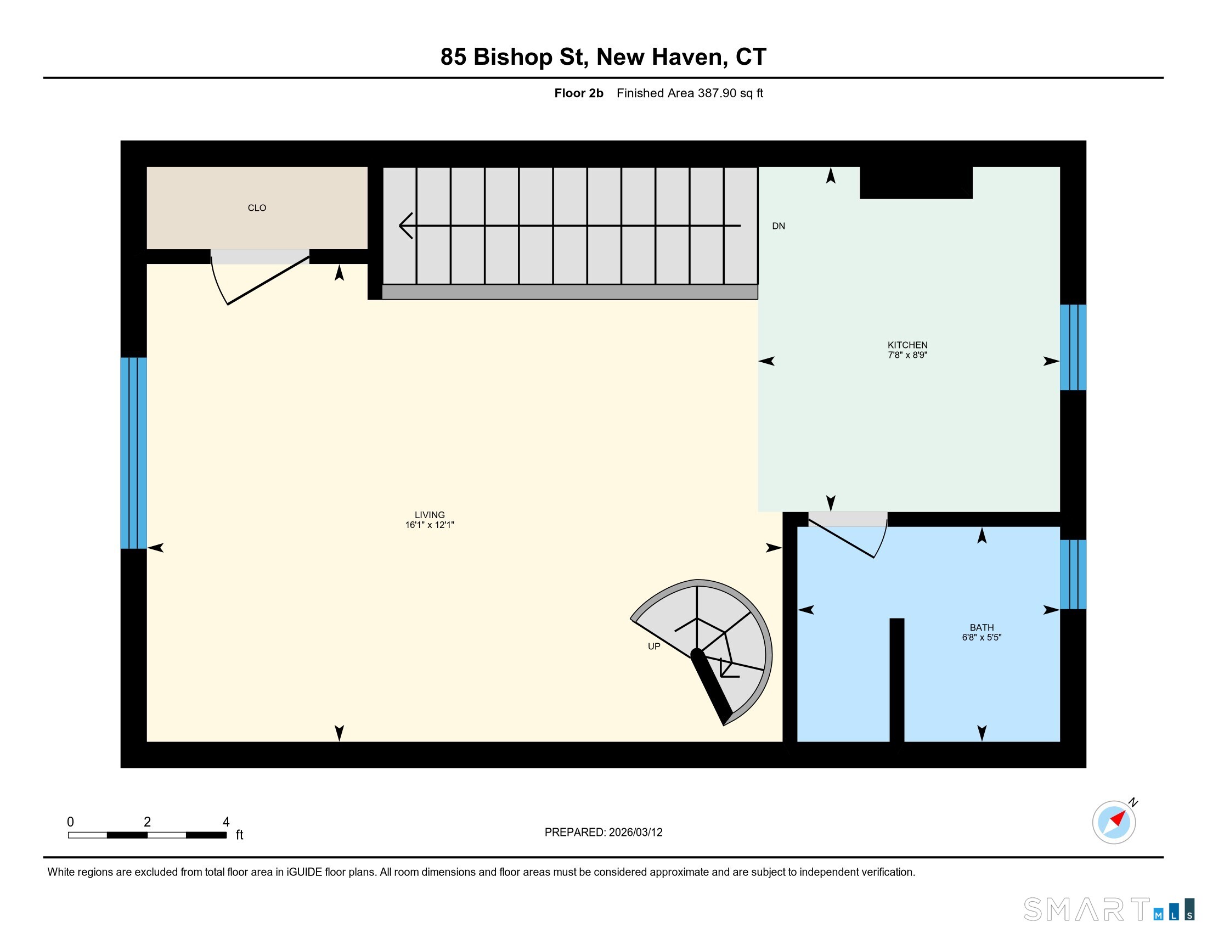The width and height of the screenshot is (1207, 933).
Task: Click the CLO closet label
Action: click(x=256, y=208)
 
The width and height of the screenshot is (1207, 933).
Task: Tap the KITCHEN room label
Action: click(x=907, y=345)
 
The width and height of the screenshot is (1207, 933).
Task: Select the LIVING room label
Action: click(x=430, y=515)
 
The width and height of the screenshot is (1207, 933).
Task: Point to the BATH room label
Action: click(x=982, y=627)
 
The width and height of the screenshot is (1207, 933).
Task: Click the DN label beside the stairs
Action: click(x=778, y=226)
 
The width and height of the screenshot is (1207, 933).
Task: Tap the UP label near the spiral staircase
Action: click(x=654, y=646)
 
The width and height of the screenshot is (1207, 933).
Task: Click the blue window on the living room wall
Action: click(x=134, y=453)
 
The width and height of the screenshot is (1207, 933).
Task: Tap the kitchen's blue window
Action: click(x=1073, y=347)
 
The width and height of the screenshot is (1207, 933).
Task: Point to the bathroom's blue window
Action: click(x=1073, y=574)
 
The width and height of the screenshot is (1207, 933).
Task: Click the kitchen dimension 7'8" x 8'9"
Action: click(x=907, y=356)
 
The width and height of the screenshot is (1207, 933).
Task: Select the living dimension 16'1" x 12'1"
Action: click(x=430, y=525)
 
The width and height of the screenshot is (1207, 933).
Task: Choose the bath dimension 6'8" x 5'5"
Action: click(x=982, y=637)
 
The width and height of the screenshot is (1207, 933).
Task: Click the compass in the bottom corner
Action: click(x=1114, y=822)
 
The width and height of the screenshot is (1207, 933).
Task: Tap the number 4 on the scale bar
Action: click(x=225, y=822)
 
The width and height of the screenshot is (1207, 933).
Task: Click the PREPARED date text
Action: click(x=603, y=833)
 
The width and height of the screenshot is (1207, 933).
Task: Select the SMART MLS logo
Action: click(x=1109, y=909)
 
